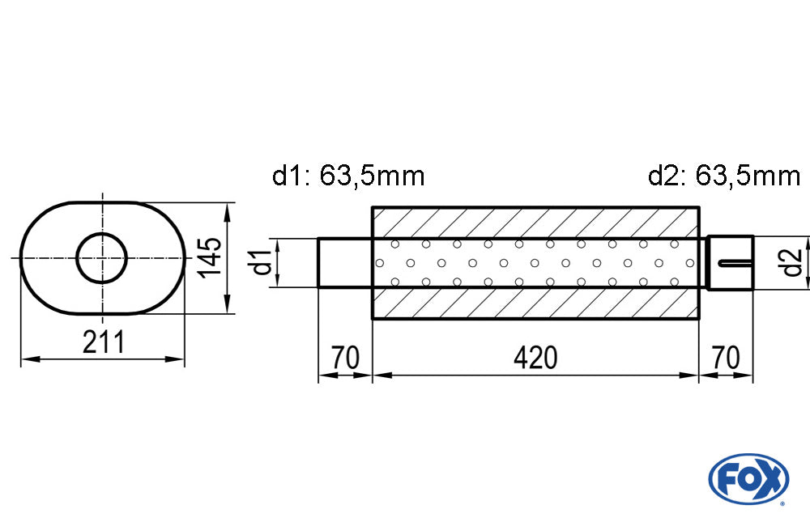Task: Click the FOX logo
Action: click(748, 478)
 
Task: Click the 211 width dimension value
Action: click(104, 342)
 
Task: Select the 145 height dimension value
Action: click(210, 257)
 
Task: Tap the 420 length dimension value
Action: click(535, 357)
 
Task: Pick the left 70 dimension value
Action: click(344, 357)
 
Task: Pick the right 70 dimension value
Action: click(726, 357)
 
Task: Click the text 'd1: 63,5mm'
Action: click(348, 175)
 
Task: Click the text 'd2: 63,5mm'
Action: click(723, 175)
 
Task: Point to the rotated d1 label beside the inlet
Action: click(260, 263)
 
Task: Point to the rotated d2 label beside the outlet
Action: click(792, 262)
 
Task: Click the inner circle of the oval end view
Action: click(102, 257)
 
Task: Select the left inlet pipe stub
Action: click(344, 262)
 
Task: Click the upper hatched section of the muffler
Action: click(535, 222)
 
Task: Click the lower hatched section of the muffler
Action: click(535, 303)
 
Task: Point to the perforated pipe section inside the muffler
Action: click(535, 262)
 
